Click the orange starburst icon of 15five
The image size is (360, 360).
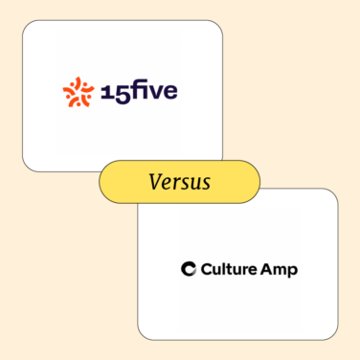coord(78,92)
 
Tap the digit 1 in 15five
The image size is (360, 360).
coord(102,92)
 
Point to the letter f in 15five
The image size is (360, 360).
coord(131,92)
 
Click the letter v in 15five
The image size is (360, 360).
coord(153,94)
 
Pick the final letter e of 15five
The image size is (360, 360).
coord(169,94)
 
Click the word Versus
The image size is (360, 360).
coord(179,182)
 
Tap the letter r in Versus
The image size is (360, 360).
coord(175,183)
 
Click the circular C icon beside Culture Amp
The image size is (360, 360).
coord(189,269)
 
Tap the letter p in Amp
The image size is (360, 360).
coord(293,271)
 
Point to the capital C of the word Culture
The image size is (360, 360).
coord(208,269)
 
